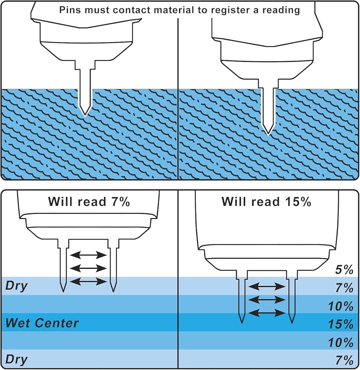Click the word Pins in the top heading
68,10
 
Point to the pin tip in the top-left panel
85,116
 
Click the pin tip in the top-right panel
268,135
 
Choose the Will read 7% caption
89,202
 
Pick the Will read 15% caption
266,202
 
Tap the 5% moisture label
344,270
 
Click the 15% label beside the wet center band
341,324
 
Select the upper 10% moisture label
341,306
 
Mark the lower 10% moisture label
341,342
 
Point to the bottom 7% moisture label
344,360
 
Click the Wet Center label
42,323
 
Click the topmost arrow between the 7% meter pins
88,255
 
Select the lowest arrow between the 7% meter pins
88,281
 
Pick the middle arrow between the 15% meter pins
267,300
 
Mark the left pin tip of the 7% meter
64,292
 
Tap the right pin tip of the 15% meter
292,322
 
